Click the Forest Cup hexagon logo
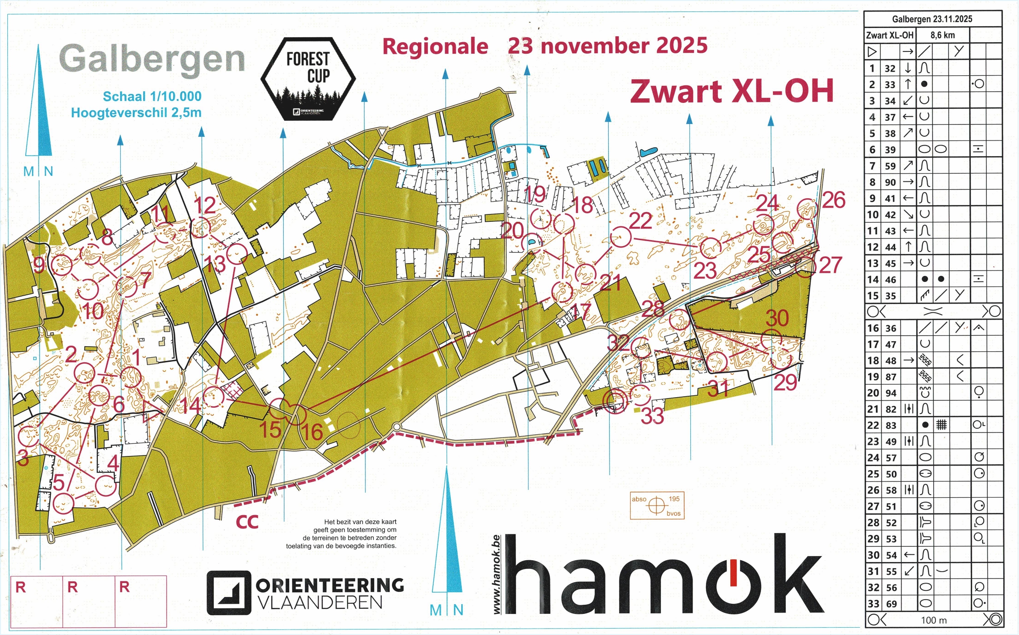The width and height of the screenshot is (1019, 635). click(308, 79)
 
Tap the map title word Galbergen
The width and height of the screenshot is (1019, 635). click(152, 60)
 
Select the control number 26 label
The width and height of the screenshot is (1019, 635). click(834, 200)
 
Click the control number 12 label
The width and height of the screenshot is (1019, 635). click(205, 205)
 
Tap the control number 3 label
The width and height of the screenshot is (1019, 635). click(23, 458)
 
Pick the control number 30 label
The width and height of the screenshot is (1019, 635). click(777, 318)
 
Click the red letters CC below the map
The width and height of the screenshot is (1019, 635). click(247, 522)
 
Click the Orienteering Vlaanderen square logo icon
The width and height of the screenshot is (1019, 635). click(229, 593)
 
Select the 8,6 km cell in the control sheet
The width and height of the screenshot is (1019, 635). click(942, 35)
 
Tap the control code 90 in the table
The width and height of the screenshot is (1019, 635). click(890, 182)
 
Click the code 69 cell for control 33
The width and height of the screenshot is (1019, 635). click(891, 604)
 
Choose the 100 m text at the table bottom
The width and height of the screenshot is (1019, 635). click(934, 620)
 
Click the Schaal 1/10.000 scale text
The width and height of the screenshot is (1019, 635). click(152, 96)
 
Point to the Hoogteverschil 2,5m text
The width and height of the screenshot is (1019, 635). click(136, 113)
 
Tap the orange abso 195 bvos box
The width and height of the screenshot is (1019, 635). click(657, 506)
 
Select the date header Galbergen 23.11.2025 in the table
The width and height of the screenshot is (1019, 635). click(932, 19)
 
